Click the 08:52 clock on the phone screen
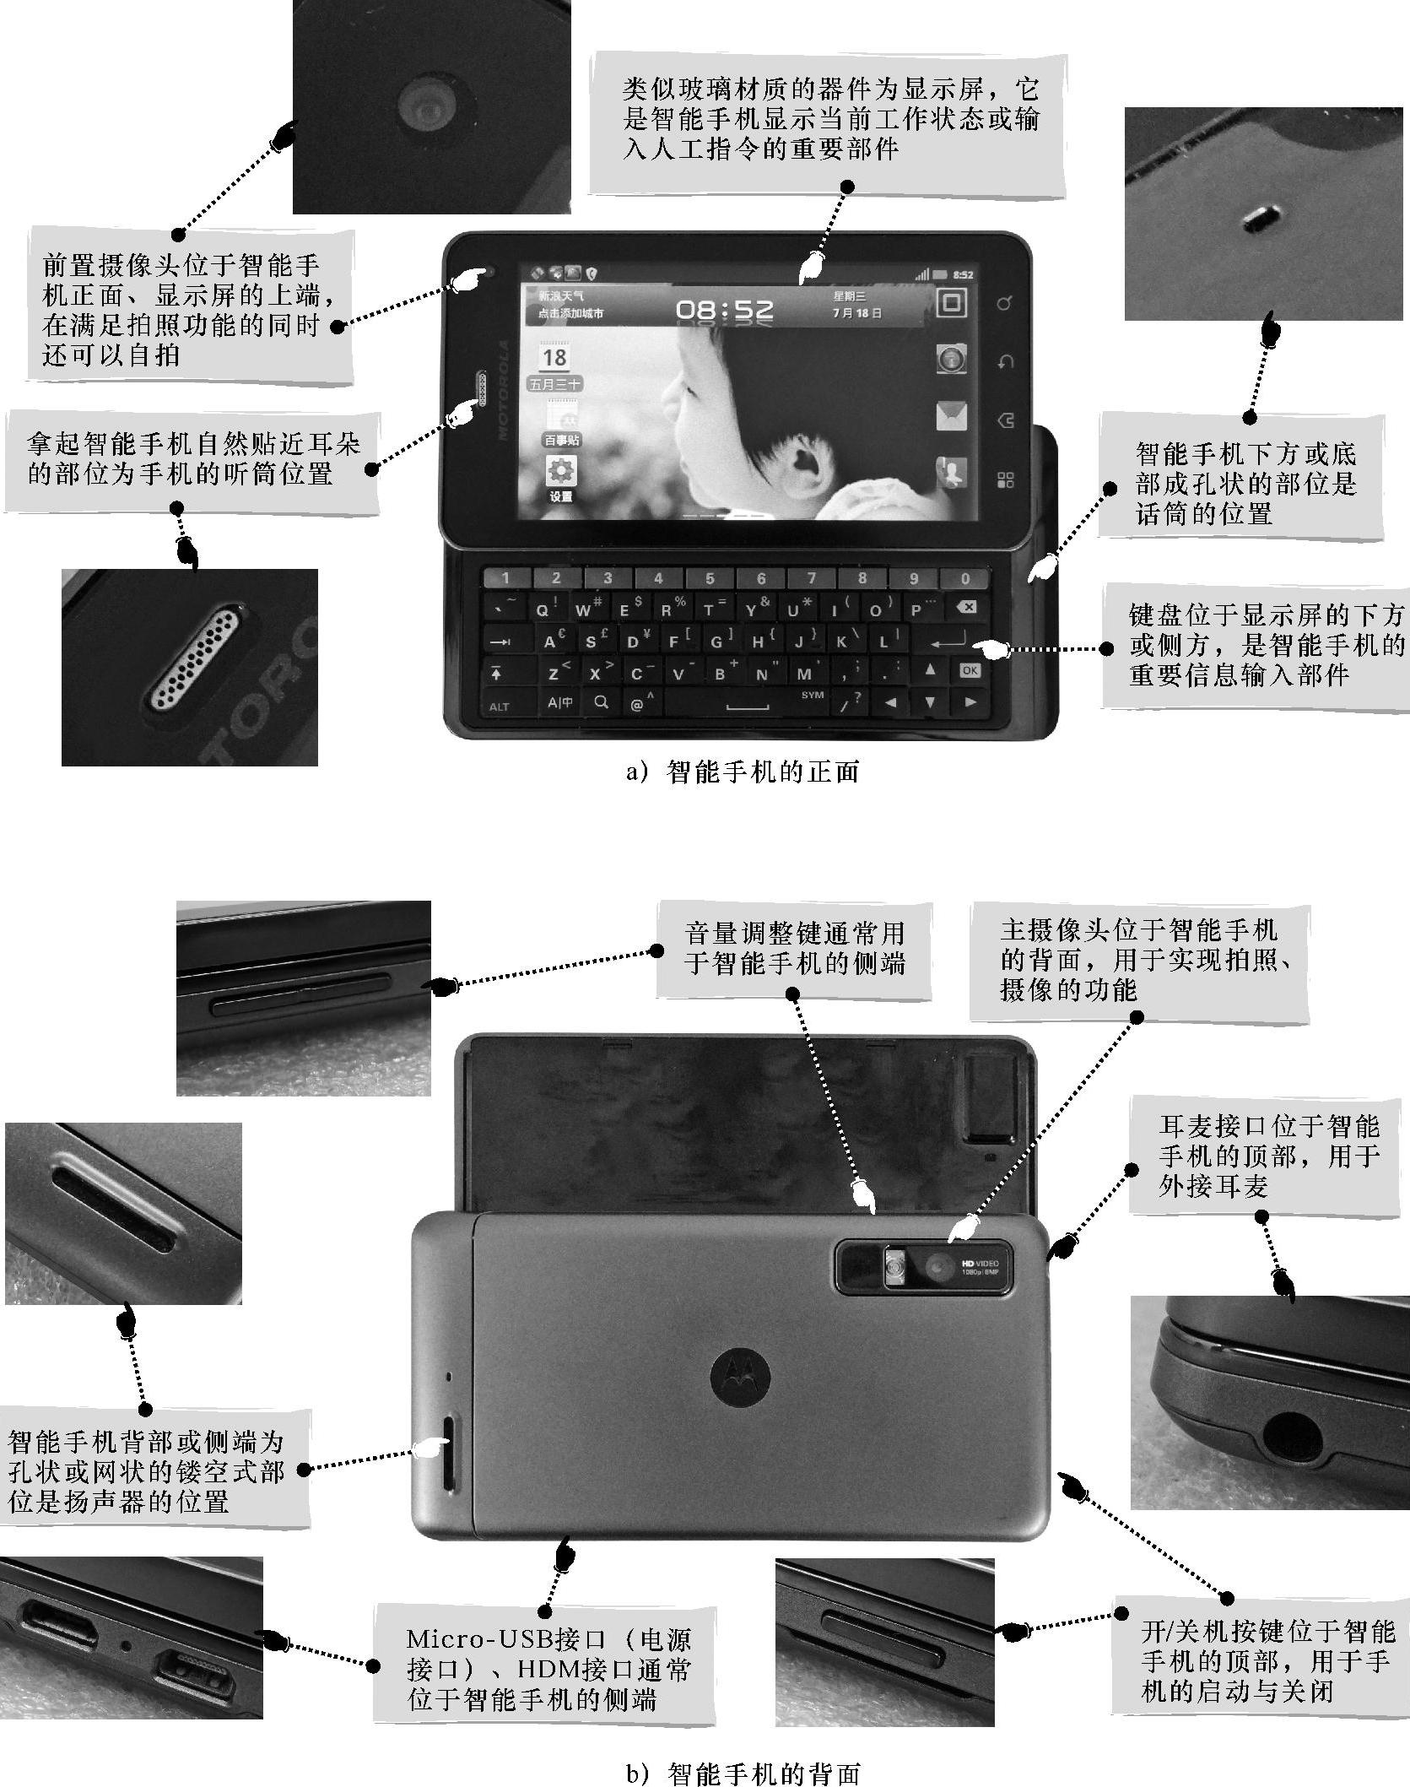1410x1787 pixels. coord(724,310)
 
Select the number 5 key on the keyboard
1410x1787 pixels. coord(710,578)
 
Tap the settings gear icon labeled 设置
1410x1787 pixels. coord(561,473)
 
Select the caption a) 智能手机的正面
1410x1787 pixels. coord(743,772)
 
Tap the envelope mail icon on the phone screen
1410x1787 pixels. coord(951,417)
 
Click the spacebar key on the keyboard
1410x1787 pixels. coord(747,701)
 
